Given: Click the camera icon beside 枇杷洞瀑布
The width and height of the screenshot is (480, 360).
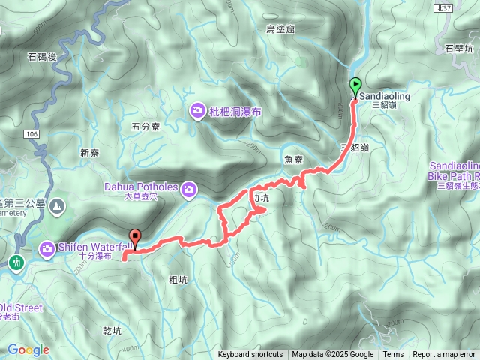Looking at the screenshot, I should pyautogui.click(x=197, y=112).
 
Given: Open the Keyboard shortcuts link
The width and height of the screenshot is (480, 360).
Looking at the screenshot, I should pyautogui.click(x=250, y=355).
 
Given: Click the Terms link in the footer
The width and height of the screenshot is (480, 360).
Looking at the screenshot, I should pyautogui.click(x=393, y=355).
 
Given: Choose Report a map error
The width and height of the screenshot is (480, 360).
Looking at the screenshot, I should pyautogui.click(x=444, y=355).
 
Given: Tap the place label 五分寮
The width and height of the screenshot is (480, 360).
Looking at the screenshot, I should pyautogui.click(x=146, y=127).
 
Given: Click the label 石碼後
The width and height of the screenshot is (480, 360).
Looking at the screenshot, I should pyautogui.click(x=43, y=56).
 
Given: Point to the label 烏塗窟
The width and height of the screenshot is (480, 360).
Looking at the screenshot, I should pyautogui.click(x=281, y=28).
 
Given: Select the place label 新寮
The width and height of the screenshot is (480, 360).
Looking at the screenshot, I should pyautogui.click(x=89, y=153).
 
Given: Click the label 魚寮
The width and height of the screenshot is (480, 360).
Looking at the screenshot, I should pyautogui.click(x=293, y=160).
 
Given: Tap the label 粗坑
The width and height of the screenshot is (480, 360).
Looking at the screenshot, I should pyautogui.click(x=178, y=279).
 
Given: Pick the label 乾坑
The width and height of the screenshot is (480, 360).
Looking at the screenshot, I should pyautogui.click(x=110, y=330).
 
